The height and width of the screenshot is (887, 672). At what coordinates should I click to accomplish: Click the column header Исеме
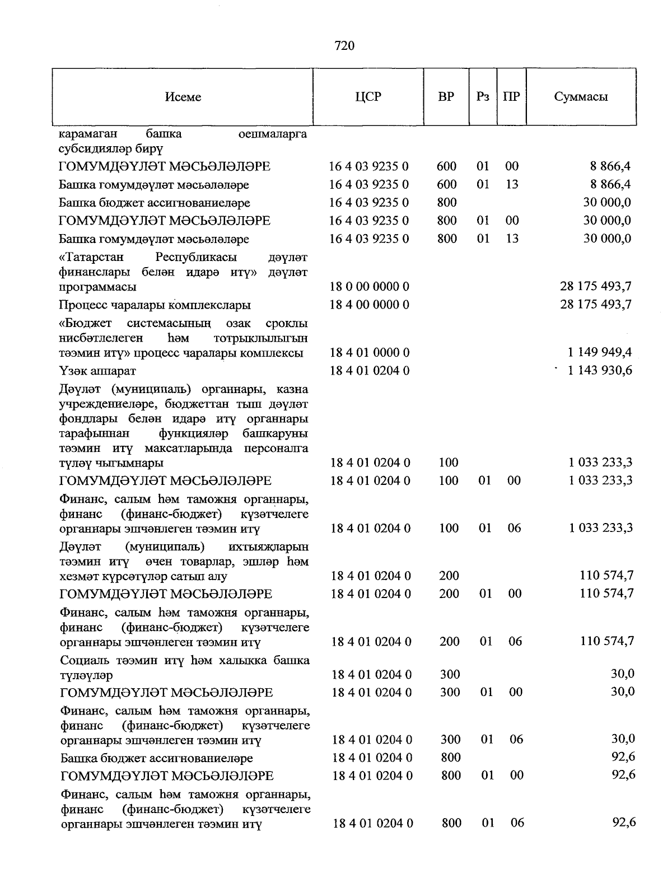click(x=183, y=97)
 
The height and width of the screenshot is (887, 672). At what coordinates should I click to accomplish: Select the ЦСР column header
click(x=368, y=96)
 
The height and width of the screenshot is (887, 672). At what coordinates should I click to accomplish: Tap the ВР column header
click(x=446, y=96)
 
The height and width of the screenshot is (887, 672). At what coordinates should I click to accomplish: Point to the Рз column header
click(x=483, y=96)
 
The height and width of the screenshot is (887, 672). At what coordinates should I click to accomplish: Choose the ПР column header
click(x=511, y=96)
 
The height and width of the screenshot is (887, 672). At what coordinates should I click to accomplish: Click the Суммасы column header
click(x=581, y=96)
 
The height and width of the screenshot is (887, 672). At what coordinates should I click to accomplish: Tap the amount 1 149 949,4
click(x=600, y=352)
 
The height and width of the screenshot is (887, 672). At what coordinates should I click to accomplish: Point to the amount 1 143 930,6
click(x=600, y=370)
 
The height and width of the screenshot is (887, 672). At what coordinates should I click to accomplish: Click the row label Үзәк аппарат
click(x=97, y=371)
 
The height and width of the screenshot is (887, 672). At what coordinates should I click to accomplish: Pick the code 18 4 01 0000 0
click(x=370, y=353)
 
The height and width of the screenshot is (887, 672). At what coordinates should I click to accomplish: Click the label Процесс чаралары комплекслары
click(x=155, y=305)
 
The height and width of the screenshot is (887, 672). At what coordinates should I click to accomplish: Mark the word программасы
click(x=97, y=287)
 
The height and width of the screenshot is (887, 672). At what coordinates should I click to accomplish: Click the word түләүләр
click(x=86, y=675)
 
